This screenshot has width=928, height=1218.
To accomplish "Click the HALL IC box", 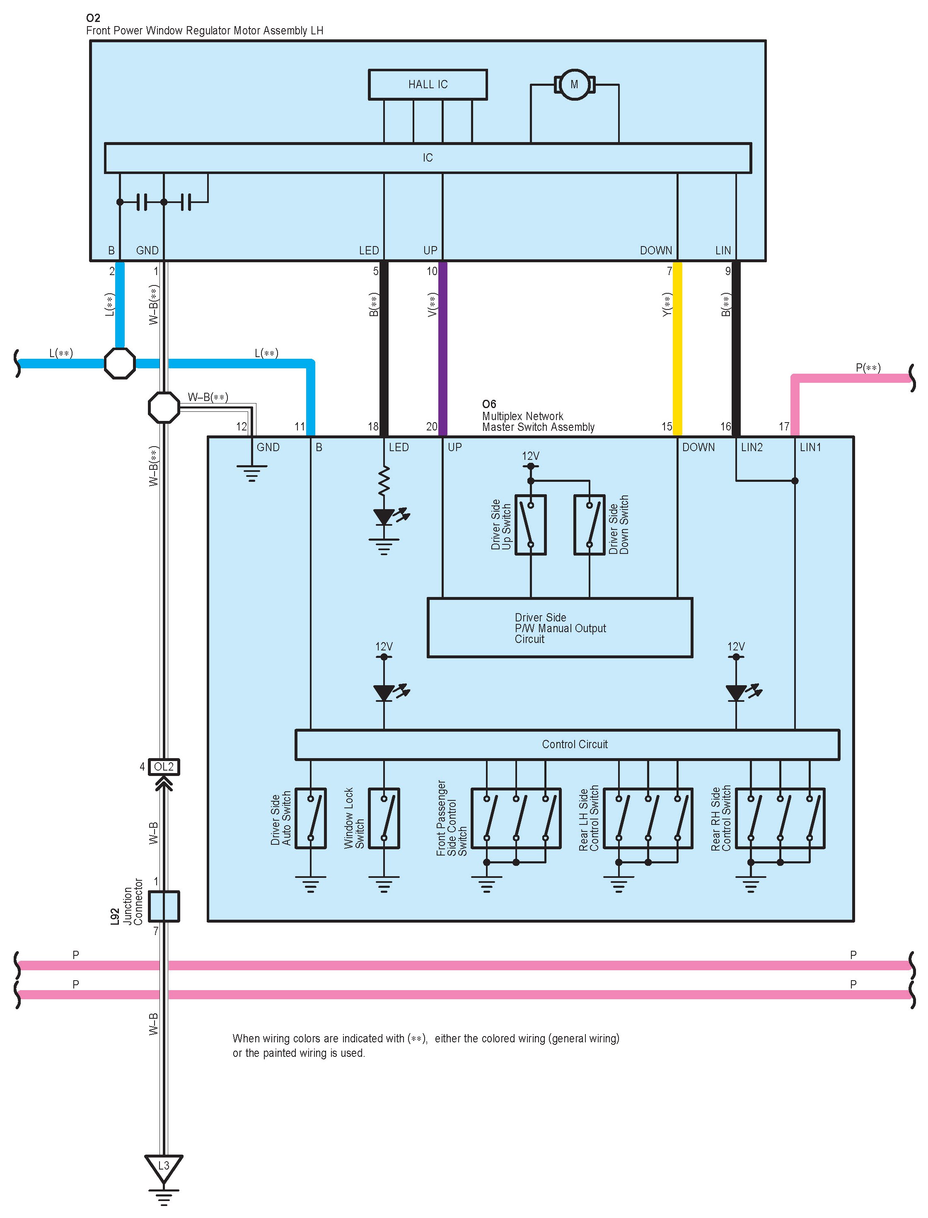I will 428,85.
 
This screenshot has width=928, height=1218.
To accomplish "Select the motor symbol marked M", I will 575,85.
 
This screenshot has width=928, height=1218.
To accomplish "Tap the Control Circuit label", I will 575,744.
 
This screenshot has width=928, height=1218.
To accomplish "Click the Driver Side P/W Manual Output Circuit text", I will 560,628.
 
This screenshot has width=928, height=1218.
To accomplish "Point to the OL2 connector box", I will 164,767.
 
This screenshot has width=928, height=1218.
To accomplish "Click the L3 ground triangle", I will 164,1167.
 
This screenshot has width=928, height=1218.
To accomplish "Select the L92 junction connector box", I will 164,906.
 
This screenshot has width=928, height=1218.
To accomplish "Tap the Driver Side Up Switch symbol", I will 530,525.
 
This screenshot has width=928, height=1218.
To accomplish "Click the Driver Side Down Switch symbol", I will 590,525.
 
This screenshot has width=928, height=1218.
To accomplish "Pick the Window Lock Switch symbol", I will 384,818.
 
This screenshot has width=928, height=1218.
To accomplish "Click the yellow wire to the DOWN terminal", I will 677,348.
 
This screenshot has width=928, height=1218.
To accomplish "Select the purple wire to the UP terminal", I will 442,348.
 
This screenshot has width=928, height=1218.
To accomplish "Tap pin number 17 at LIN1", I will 784,426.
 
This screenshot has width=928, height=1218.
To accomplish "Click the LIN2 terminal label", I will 752,447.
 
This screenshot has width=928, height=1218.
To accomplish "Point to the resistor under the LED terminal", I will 384,480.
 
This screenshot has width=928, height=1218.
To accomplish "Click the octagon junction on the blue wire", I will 120,363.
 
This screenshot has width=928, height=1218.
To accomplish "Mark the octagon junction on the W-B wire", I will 164,408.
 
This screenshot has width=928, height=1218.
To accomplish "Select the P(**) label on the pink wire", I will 868,368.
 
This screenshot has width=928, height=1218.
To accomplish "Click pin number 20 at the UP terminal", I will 431,426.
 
